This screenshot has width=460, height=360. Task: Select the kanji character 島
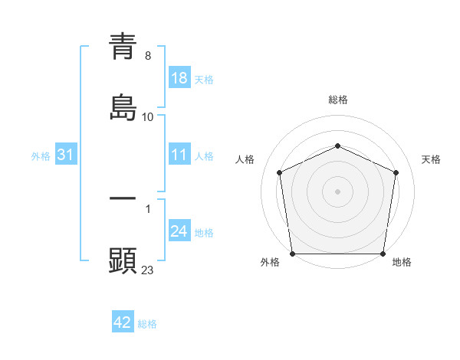(123, 106)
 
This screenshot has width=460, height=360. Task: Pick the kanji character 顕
(123, 260)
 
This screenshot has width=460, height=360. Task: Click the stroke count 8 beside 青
(148, 57)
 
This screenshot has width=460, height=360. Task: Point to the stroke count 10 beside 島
(148, 116)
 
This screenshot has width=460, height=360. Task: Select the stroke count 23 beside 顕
(148, 270)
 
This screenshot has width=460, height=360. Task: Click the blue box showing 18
(179, 78)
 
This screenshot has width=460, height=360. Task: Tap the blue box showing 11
(179, 155)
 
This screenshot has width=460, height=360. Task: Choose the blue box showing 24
(179, 231)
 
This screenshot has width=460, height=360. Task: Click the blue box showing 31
(65, 155)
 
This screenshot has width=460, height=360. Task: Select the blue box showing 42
(123, 322)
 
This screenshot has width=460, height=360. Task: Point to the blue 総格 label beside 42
(147, 324)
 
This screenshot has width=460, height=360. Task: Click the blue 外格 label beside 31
(41, 155)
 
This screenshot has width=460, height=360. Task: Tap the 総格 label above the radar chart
(338, 100)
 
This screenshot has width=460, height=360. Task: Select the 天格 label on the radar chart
(431, 159)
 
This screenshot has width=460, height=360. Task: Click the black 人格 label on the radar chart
(245, 159)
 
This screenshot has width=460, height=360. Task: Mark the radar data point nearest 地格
(383, 254)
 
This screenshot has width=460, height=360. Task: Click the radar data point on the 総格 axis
(338, 146)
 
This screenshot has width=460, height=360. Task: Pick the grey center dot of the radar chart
(338, 191)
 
